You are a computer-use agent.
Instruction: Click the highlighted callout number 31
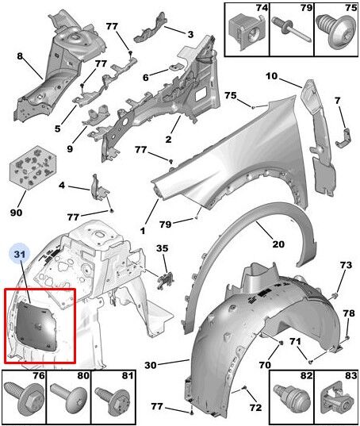20,255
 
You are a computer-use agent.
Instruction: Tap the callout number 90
16,212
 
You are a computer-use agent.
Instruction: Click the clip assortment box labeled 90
33,167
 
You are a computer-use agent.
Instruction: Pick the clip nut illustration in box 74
247,31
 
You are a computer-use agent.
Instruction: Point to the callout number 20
278,244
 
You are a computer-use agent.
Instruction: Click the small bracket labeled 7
345,139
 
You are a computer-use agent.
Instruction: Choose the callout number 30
151,365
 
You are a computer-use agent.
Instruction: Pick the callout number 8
20,56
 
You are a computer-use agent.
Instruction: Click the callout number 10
272,76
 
